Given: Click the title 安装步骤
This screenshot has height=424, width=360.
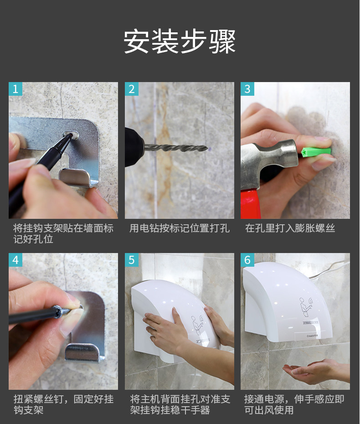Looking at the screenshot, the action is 180,41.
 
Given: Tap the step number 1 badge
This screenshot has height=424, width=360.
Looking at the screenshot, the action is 15,89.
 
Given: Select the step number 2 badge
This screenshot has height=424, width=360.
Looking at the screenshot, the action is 132,89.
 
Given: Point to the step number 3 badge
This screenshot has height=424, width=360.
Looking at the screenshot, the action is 247,89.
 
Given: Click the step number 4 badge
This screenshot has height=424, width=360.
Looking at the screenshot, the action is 15,260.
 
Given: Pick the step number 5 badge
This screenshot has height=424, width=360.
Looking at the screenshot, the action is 132,260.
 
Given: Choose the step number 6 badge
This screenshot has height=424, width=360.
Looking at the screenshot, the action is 247,260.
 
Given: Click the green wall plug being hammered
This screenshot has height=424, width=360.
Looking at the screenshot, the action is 316,152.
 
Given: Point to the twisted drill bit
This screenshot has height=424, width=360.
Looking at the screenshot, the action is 176,148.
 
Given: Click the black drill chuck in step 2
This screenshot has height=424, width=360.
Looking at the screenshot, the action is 134,147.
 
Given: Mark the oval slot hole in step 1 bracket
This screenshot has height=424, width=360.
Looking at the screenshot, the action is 71,134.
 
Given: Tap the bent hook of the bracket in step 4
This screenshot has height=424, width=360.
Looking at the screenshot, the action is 84,352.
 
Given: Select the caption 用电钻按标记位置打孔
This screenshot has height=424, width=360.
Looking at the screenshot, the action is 180,228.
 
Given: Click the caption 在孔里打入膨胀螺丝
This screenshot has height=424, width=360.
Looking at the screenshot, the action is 290,228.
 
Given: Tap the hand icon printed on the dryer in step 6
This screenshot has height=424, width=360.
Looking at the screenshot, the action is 306,307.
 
